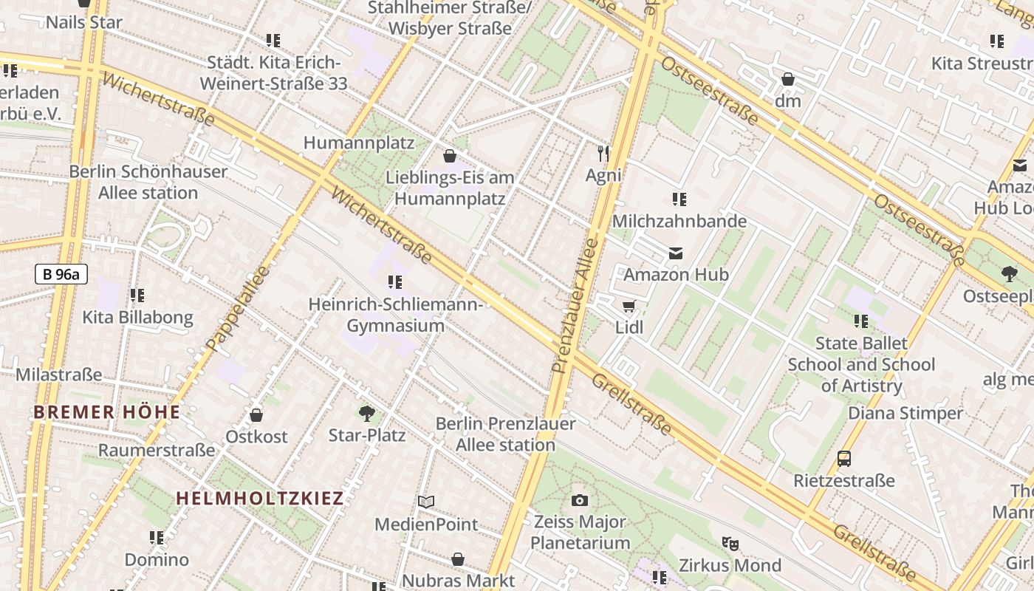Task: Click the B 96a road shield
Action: click(61, 274)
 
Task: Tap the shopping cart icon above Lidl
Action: click(629, 306)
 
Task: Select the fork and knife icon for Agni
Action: click(603, 154)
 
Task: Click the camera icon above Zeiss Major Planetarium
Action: click(580, 500)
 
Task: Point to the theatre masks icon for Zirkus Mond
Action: click(730, 544)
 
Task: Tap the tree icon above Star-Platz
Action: click(366, 413)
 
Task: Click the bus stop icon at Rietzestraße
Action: click(844, 459)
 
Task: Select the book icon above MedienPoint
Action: click(426, 502)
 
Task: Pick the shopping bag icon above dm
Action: click(788, 79)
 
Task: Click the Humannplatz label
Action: click(359, 142)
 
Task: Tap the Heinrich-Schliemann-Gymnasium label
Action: click(396, 315)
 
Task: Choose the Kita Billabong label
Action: click(137, 318)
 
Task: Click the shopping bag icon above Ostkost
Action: click(256, 415)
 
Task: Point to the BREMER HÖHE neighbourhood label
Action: click(107, 412)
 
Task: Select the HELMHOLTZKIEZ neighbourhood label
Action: click(260, 498)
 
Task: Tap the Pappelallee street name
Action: click(238, 309)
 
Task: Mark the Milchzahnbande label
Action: click(679, 221)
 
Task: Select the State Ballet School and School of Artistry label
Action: click(861, 364)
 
